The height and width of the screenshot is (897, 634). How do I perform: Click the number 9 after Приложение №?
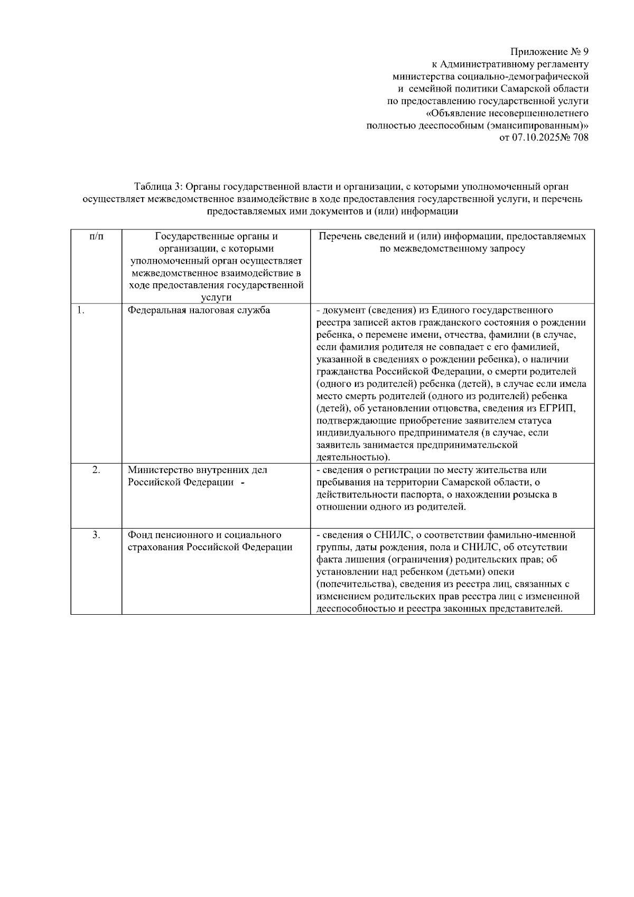[585, 52]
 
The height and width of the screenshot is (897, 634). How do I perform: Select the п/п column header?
[96, 237]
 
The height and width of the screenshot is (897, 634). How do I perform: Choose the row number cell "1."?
[80, 310]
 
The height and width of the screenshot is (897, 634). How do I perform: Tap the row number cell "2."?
[96, 470]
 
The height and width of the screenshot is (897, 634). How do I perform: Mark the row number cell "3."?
[96, 535]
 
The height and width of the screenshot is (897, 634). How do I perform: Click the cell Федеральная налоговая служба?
[199, 310]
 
